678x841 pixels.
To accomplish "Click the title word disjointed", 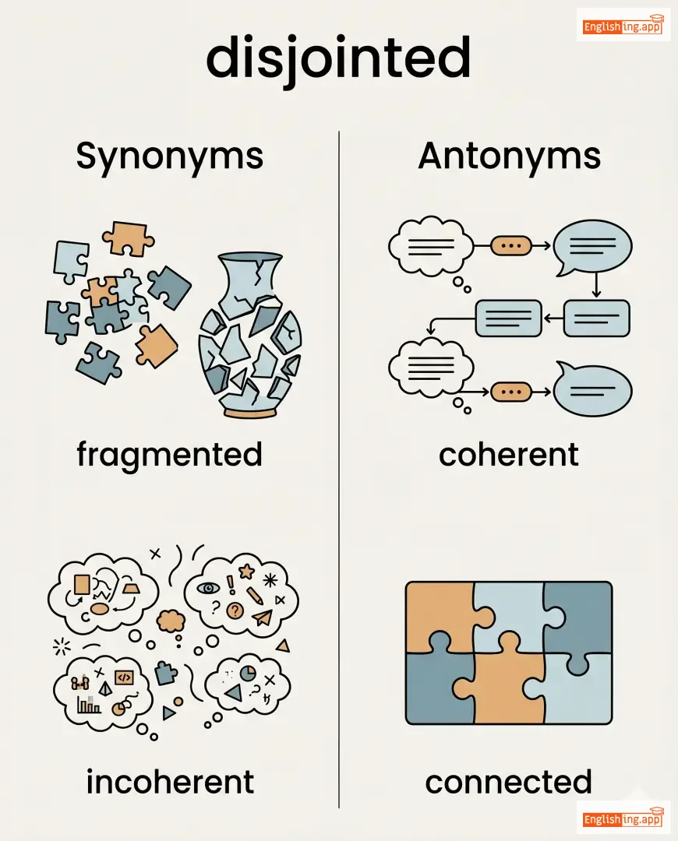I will pyautogui.click(x=338, y=59).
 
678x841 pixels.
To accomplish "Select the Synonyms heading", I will pyautogui.click(x=170, y=156).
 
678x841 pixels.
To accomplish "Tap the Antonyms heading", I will pyautogui.click(x=509, y=156).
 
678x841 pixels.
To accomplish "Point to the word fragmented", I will pyautogui.click(x=169, y=455).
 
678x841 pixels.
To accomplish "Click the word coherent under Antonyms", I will pyautogui.click(x=508, y=455).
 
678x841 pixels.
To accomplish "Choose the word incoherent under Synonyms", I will pyautogui.click(x=170, y=781).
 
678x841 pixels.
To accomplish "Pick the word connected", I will pyautogui.click(x=508, y=781).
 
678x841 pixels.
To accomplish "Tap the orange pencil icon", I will pyautogui.click(x=255, y=595).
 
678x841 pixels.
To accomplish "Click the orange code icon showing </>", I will pyautogui.click(x=124, y=677).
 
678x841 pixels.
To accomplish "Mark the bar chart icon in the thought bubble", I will pyautogui.click(x=89, y=705).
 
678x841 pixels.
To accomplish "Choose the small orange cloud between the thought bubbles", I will pyautogui.click(x=170, y=620).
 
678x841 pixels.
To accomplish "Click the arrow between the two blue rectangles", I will pyautogui.click(x=552, y=317).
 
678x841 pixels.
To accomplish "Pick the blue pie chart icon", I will pyautogui.click(x=249, y=671).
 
